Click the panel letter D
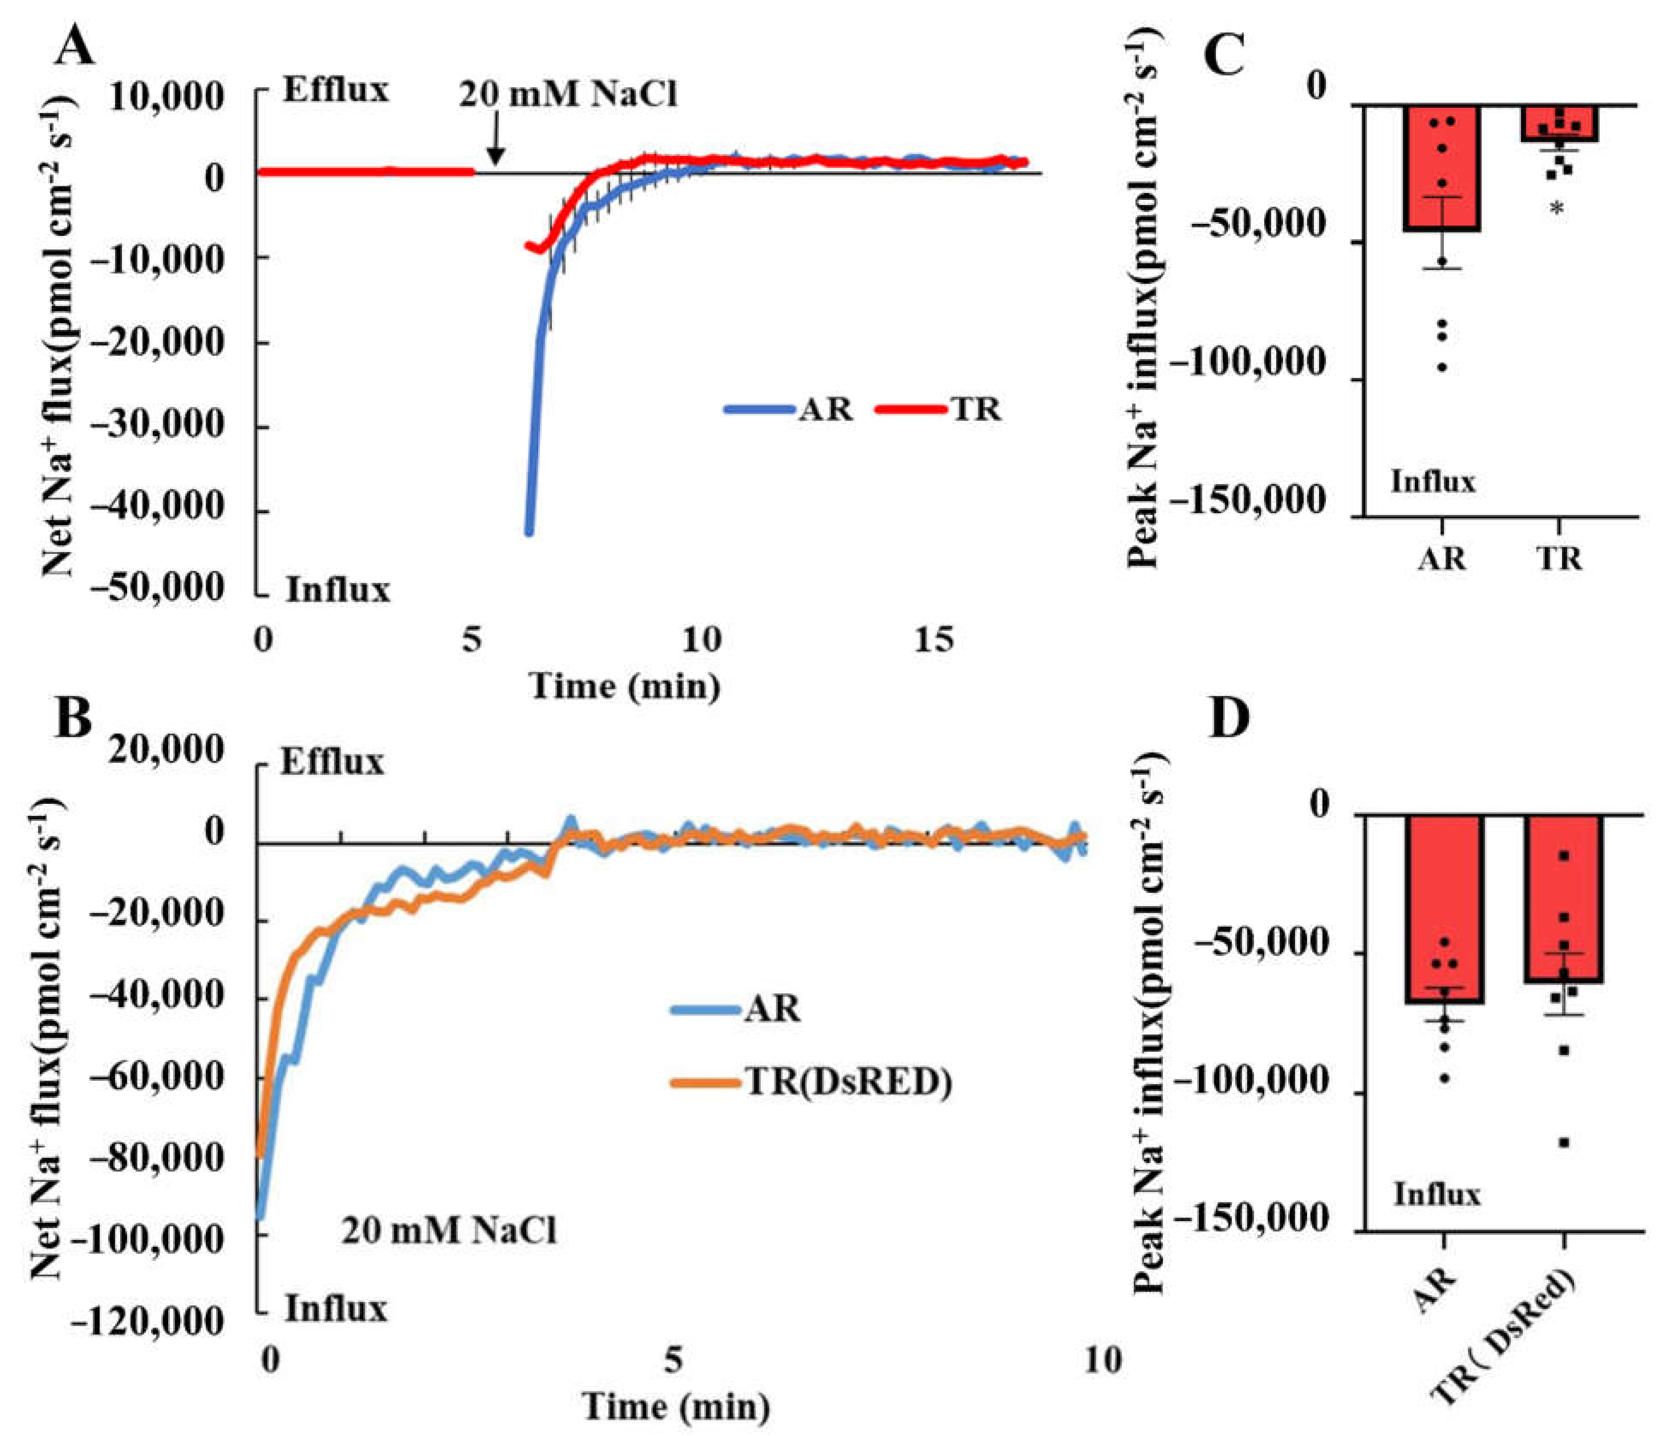click(1230, 718)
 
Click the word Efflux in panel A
click(335, 90)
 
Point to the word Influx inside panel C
click(1434, 483)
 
